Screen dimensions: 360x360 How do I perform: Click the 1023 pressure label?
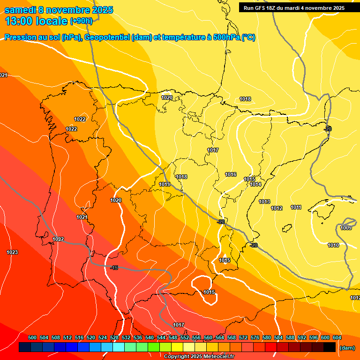point(12,252)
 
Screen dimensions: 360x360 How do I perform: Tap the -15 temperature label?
point(114,268)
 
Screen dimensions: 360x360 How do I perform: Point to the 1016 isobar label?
point(231,174)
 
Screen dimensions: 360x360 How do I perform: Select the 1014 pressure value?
point(255,185)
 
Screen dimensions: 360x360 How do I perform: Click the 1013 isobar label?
point(264,202)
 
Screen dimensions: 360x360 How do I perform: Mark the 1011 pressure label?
point(296,207)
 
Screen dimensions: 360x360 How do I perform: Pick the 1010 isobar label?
point(333,245)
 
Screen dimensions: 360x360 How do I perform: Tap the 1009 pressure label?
point(346,228)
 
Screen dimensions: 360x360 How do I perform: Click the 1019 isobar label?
point(165,184)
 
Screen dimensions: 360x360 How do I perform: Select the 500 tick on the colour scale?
point(32,337)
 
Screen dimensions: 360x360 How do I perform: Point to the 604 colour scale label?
point(337,337)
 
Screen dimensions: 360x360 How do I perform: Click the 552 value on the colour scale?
point(185,337)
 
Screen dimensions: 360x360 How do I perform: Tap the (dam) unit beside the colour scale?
point(347,348)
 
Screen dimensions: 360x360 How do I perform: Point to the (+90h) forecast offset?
point(81,21)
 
